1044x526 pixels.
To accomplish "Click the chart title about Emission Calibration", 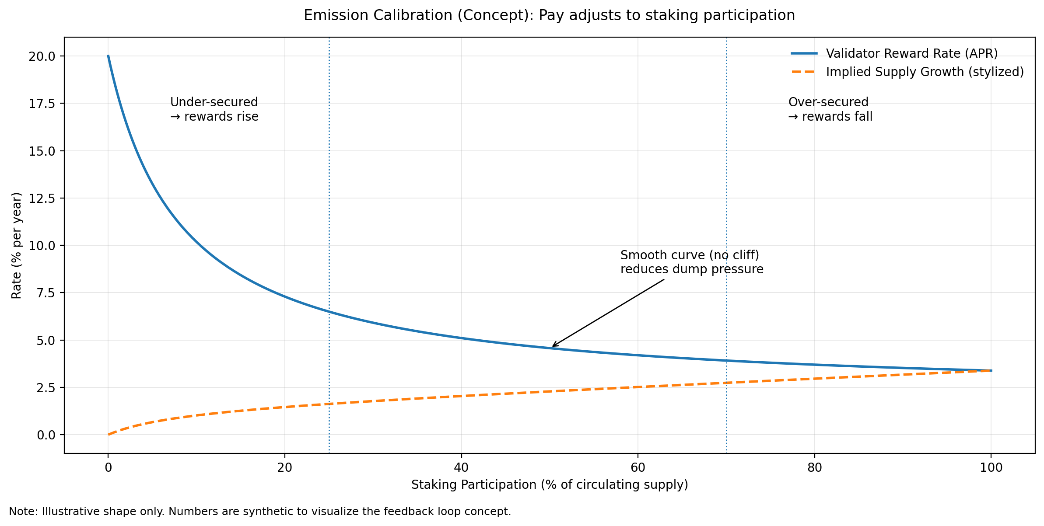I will (x=549, y=15).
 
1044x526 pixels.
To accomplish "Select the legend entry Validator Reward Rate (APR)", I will (x=911, y=53).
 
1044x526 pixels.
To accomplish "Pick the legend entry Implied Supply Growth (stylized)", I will (x=925, y=72).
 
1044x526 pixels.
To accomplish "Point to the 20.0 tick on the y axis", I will (x=42, y=56).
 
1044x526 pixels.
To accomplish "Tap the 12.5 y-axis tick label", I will (x=42, y=199).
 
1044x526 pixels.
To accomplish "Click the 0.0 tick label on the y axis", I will (x=46, y=435).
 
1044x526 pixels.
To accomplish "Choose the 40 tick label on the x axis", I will (x=461, y=468).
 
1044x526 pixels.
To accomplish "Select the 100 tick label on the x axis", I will (x=991, y=468).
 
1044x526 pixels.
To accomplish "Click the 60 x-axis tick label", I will (x=638, y=468).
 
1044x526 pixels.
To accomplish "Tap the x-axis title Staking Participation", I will (x=550, y=485).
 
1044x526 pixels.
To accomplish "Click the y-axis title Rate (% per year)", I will (x=17, y=245).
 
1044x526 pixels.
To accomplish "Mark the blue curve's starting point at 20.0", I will (x=109, y=56).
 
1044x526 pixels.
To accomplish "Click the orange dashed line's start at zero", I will (x=109, y=435).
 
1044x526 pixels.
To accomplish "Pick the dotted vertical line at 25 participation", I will (x=329, y=175).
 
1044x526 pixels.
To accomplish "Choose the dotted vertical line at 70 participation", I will (x=726, y=175).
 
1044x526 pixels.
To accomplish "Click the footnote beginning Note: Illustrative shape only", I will (x=260, y=512).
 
